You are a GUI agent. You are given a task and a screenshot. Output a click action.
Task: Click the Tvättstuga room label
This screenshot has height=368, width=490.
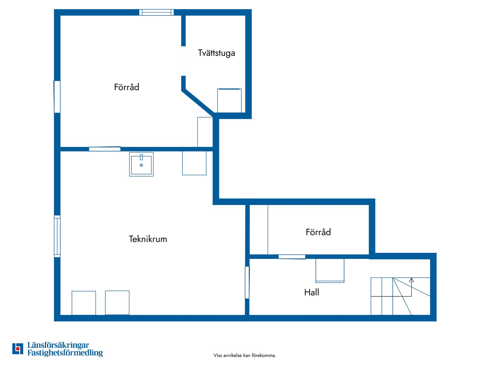216,53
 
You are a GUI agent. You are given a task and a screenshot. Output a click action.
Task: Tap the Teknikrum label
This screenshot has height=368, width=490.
148,239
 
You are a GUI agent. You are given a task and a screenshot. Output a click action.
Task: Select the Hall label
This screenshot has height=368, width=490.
311,292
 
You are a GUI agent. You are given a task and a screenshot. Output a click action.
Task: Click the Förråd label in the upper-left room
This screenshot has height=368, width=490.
126,87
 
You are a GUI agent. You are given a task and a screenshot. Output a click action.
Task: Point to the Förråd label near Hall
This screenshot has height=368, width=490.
318,232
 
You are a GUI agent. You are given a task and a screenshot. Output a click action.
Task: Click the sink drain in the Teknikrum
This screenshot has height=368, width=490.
141,165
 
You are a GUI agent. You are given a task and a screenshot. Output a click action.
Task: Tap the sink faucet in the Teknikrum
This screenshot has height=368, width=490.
141,157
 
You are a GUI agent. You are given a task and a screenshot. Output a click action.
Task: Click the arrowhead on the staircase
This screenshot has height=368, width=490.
411,280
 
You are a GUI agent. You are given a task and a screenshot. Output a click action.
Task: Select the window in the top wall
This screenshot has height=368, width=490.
156,12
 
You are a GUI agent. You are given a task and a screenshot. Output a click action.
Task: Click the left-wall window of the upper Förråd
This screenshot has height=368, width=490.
57,97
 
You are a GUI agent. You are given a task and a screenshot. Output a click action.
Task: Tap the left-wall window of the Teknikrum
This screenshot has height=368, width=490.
57,236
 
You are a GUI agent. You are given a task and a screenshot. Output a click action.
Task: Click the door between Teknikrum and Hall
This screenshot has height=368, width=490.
247,282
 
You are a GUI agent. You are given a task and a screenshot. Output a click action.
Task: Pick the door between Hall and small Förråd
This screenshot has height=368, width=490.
292,257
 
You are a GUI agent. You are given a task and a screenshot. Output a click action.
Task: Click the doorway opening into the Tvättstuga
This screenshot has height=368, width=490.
183,61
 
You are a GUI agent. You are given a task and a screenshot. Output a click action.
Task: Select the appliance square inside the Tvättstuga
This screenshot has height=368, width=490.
229,100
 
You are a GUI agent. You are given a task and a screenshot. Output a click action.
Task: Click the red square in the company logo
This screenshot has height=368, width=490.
18,349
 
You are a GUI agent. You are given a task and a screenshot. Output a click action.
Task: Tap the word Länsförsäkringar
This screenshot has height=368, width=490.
58,345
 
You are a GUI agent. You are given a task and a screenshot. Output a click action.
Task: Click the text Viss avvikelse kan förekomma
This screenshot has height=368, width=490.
245,355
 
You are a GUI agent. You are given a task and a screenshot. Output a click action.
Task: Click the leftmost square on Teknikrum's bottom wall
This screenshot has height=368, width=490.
84,303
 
